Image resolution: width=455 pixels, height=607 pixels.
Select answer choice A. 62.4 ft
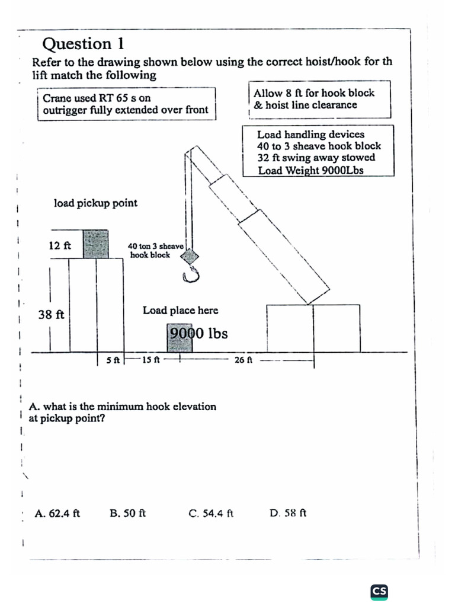pyautogui.click(x=57, y=513)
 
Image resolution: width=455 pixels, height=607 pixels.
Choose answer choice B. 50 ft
pyautogui.click(x=128, y=513)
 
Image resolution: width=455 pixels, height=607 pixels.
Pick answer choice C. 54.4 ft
pyautogui.click(x=211, y=513)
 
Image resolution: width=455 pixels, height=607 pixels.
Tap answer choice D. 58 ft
pyautogui.click(x=287, y=513)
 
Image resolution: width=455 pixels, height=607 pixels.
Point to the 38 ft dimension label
pyautogui.click(x=52, y=315)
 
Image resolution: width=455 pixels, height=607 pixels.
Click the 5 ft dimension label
pyautogui.click(x=113, y=360)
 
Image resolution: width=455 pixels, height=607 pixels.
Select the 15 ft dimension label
pyautogui.click(x=151, y=360)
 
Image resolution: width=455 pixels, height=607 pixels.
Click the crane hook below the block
pyautogui.click(x=191, y=274)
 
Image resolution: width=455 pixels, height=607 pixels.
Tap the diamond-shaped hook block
pyautogui.click(x=190, y=256)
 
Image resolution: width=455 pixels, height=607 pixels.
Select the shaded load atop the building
pyautogui.click(x=95, y=244)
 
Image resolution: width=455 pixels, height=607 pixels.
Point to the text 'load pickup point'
pyautogui.click(x=95, y=203)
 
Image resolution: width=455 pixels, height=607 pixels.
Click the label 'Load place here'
pyautogui.click(x=180, y=311)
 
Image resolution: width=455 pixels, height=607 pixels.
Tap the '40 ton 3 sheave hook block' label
pyautogui.click(x=156, y=251)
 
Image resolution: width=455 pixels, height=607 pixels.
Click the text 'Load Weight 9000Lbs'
pyautogui.click(x=310, y=171)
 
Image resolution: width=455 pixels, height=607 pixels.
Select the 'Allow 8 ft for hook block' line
pyautogui.click(x=314, y=93)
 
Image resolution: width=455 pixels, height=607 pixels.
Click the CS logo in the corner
pyautogui.click(x=379, y=591)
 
